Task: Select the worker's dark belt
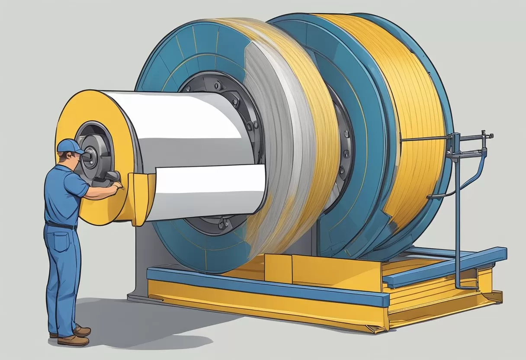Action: tap(61, 225)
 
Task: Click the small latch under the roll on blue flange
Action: tap(224, 224)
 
